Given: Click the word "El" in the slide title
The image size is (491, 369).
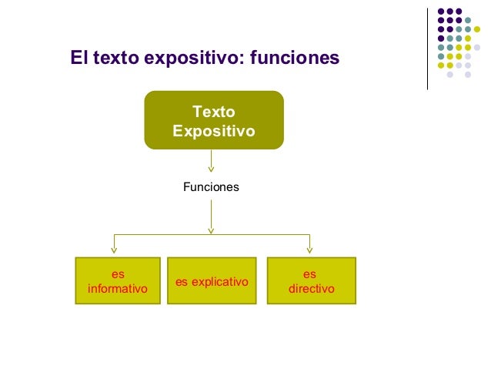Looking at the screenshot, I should [x=78, y=58].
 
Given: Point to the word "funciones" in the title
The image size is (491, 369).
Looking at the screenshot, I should [x=296, y=58].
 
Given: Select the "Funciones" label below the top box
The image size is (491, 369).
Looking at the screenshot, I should [x=211, y=187].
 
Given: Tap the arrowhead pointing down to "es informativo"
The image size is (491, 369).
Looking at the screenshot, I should [x=115, y=249].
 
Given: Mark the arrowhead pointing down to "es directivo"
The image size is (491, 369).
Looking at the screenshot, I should [x=309, y=249].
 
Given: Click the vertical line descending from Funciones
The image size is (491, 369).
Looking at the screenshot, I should [x=211, y=216].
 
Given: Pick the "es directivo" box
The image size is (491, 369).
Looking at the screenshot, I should [x=311, y=281].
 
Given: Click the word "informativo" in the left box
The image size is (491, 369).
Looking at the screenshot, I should [x=118, y=290].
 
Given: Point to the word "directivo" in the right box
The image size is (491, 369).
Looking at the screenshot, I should [x=311, y=290].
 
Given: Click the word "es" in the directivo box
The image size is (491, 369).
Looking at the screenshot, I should [x=310, y=273].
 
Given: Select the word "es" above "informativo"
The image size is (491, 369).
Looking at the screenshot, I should [x=118, y=273].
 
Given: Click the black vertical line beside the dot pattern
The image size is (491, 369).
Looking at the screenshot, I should [x=427, y=48].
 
